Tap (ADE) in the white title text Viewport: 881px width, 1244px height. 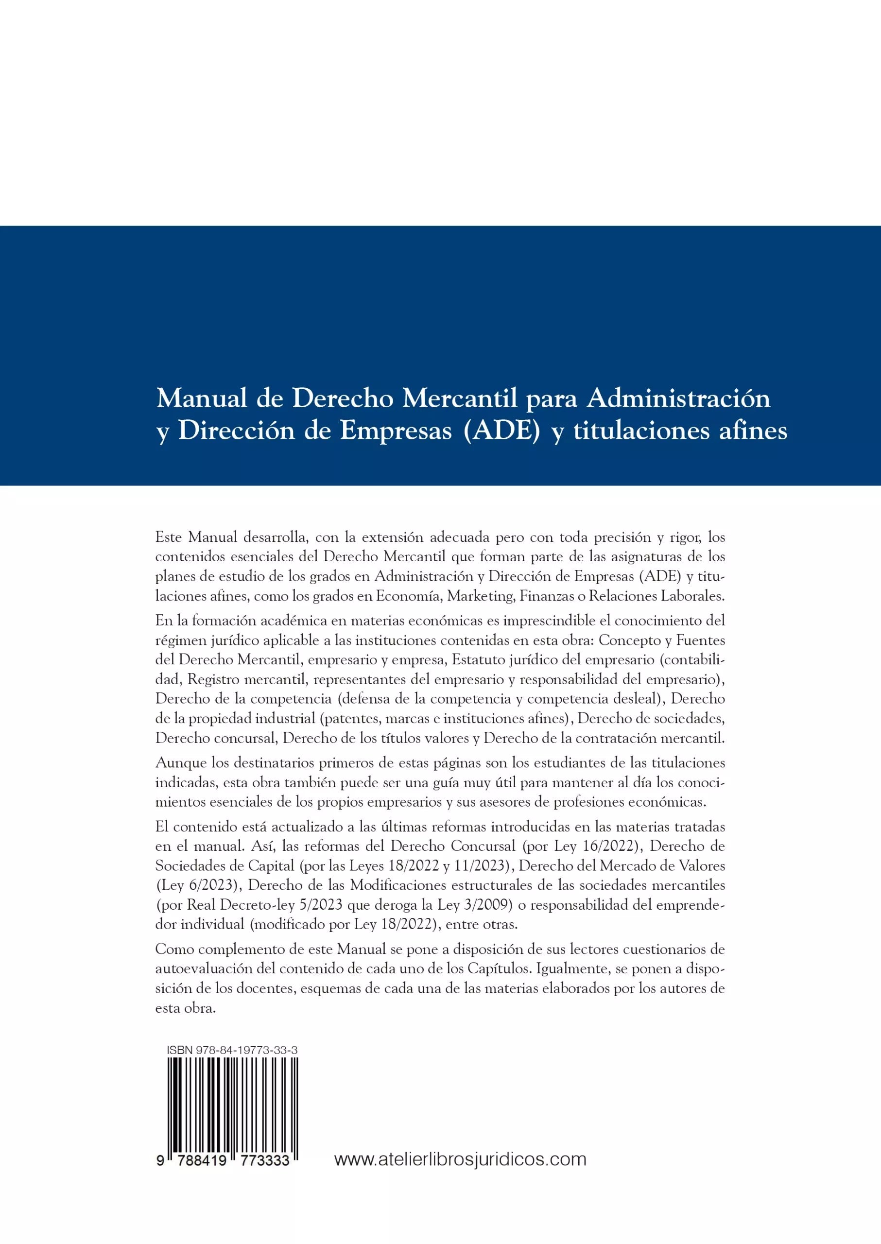(502, 432)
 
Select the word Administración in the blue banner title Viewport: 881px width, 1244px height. (679, 399)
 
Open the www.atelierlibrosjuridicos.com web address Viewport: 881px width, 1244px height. (460, 1159)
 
